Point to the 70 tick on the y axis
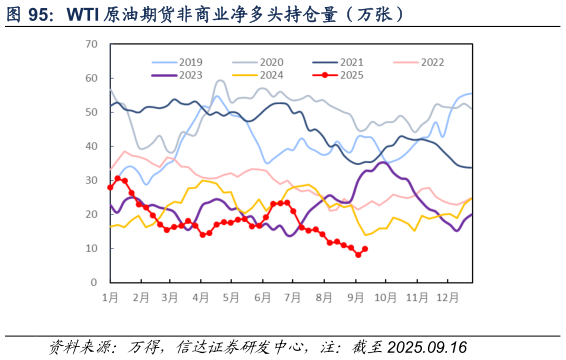91,44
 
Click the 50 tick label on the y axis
91,112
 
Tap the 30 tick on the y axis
91,180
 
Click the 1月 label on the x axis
111,298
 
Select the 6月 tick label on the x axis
263,298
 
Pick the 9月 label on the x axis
355,298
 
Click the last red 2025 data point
365,249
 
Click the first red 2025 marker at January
110,187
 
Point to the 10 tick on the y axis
91,248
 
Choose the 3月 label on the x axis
171,298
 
